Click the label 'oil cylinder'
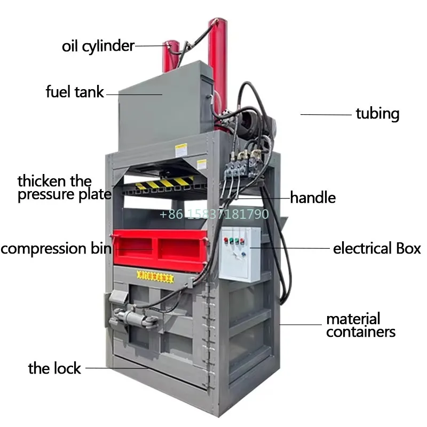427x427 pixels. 98,46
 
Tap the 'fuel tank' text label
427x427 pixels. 75,92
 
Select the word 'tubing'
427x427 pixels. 377,114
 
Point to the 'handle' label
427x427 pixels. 313,198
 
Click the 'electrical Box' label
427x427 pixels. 377,249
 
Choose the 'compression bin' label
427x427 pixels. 56,249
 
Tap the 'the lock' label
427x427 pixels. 54,368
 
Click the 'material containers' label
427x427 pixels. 360,326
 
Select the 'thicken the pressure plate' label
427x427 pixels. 64,187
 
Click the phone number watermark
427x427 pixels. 214,215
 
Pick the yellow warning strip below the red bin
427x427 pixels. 155,276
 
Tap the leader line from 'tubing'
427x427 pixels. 326,114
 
